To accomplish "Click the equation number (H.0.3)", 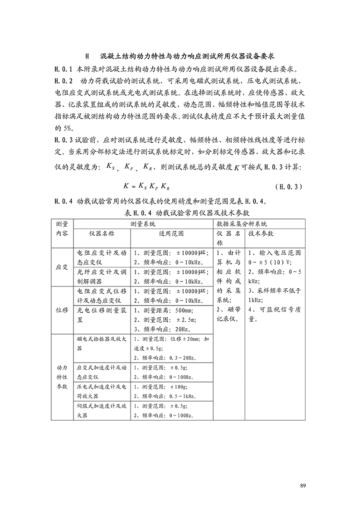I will pyautogui.click(x=289, y=186).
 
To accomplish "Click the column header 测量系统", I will pyautogui.click(x=143, y=224).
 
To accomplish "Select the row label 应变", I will pyautogui.click(x=62, y=267).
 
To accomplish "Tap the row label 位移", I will pyautogui.click(x=62, y=310).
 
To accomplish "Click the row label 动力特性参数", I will pyautogui.click(x=62, y=377).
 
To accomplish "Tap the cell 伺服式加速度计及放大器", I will pyautogui.click(x=102, y=410).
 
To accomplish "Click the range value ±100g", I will pyautogui.click(x=179, y=387).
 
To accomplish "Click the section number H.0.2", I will pyautogui.click(x=63, y=81).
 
